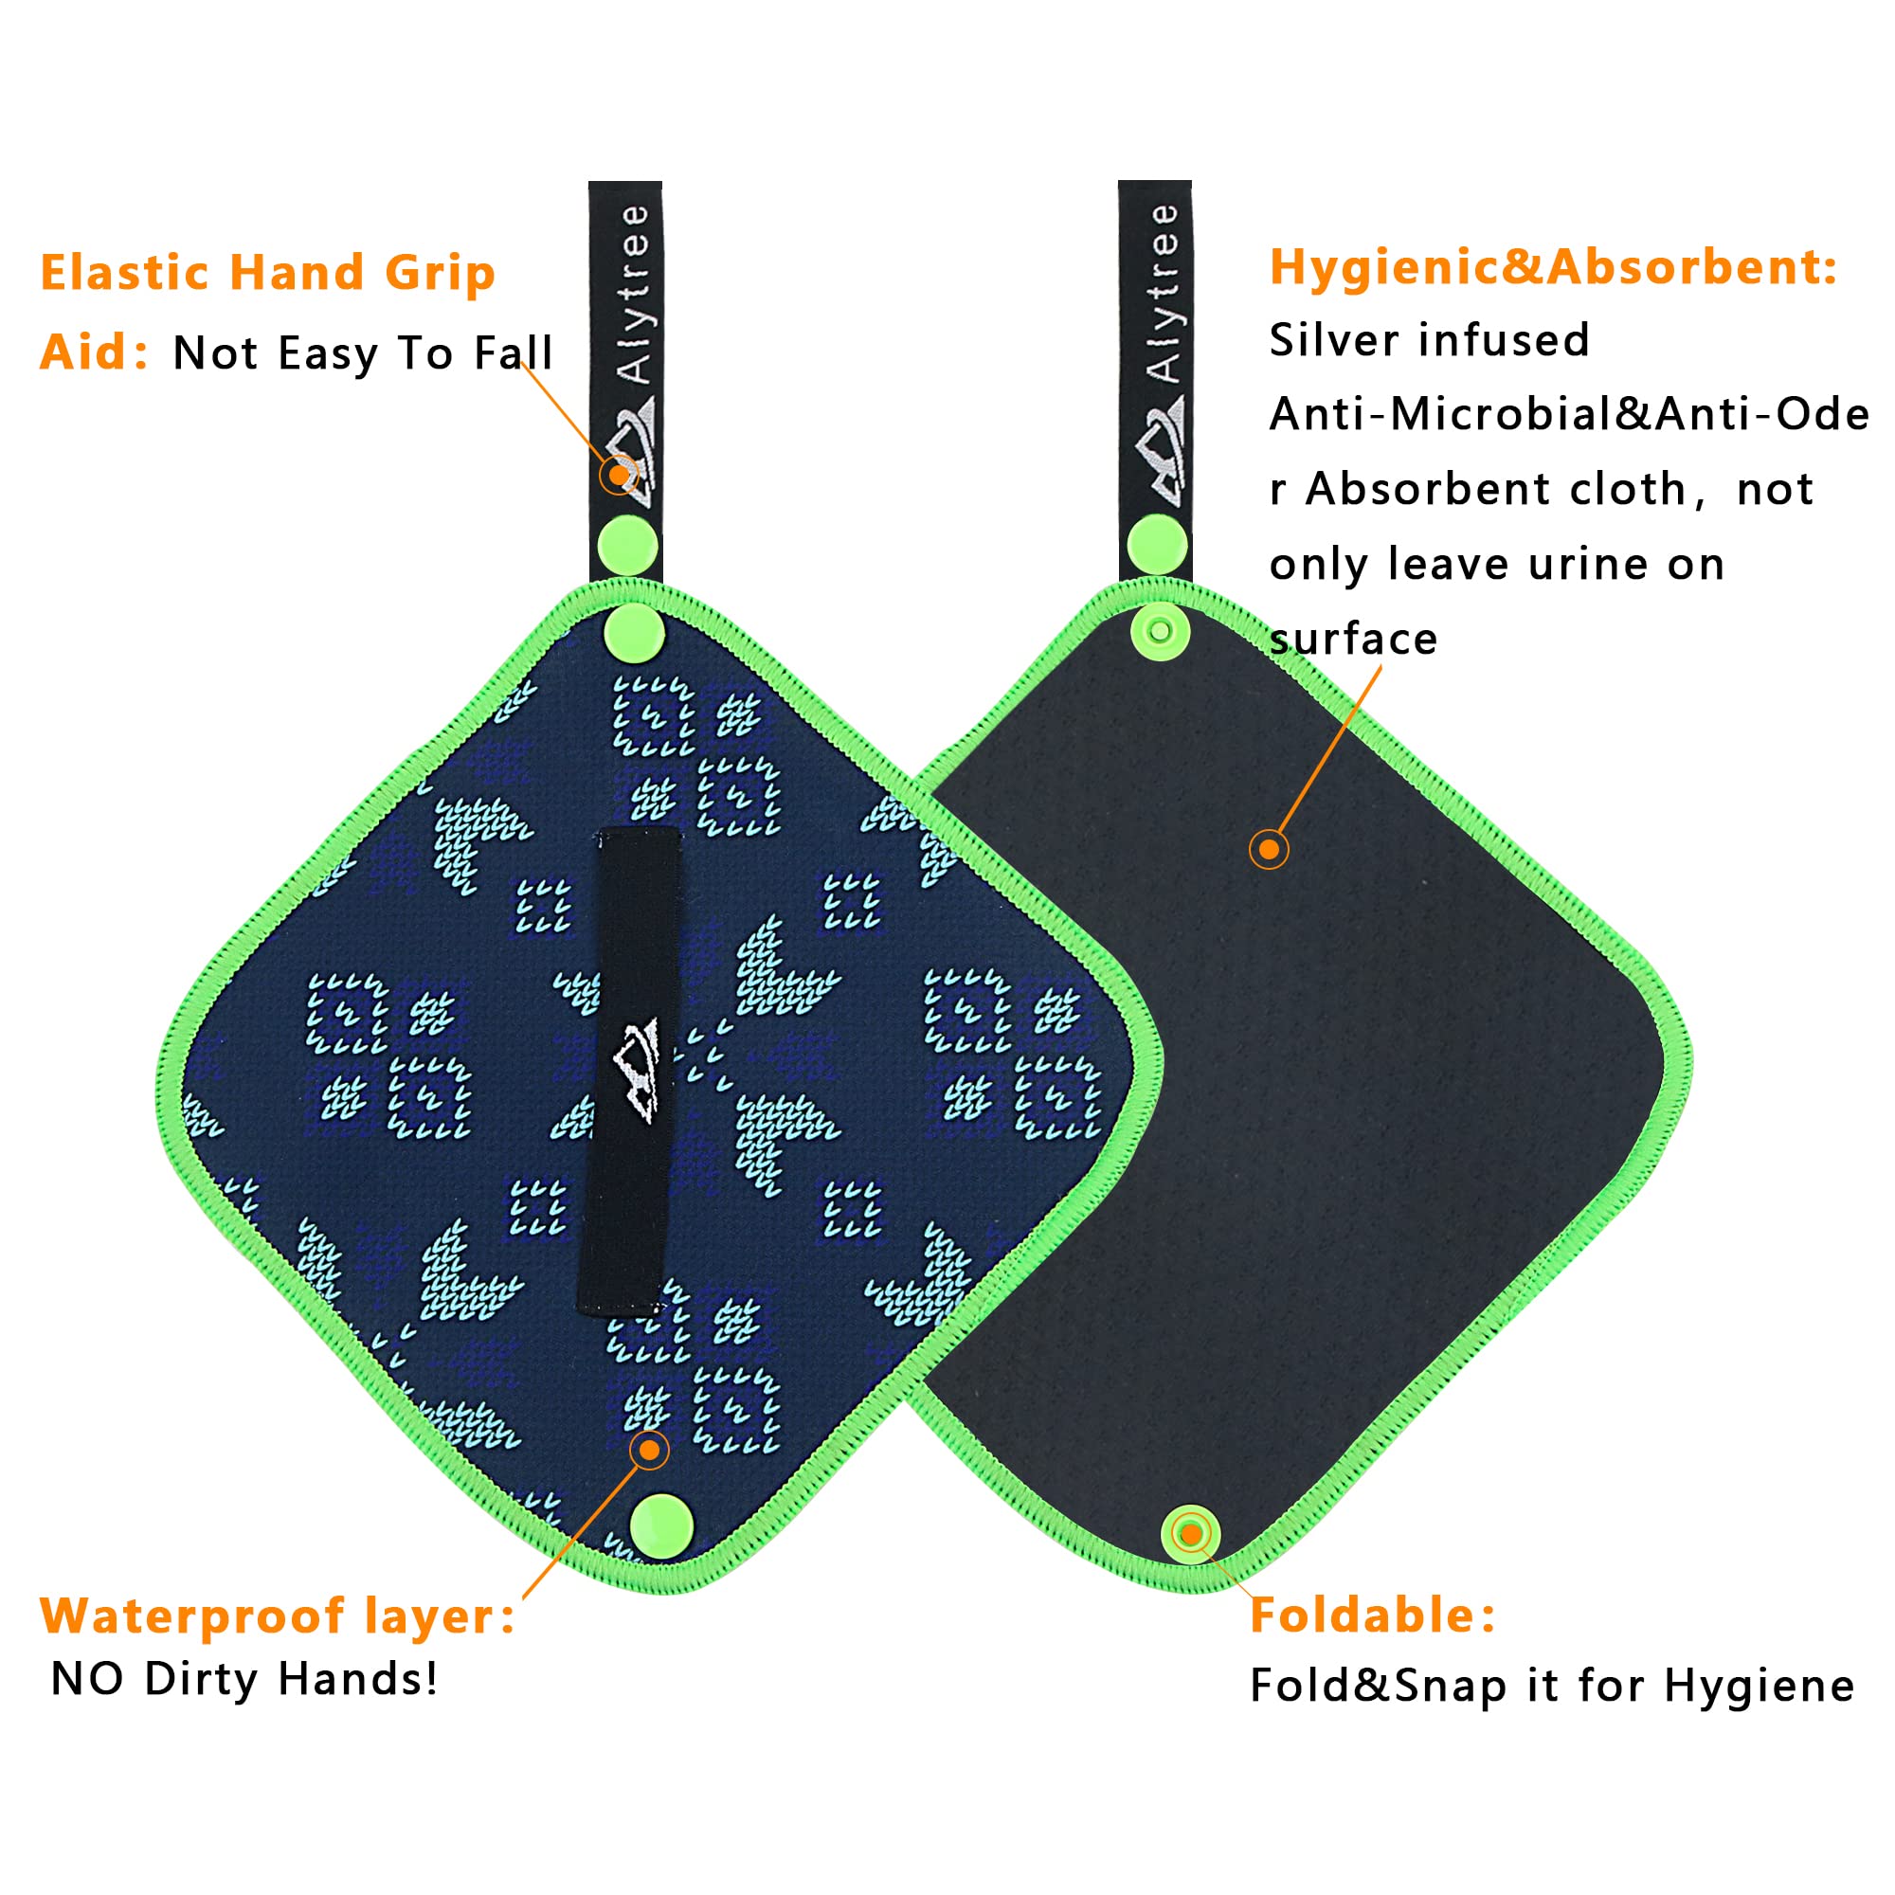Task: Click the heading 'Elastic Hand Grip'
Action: point(267,274)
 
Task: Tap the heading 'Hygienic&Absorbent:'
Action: point(1553,267)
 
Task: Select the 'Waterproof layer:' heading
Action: point(277,1615)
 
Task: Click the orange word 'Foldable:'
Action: point(1372,1615)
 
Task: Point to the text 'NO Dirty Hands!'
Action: point(244,1678)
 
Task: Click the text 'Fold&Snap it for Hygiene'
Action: point(1552,1685)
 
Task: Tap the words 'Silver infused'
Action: point(1428,340)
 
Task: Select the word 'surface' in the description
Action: point(1353,640)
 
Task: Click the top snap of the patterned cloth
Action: point(634,632)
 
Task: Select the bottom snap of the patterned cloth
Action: point(661,1526)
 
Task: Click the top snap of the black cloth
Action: point(1161,632)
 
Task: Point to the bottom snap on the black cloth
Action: point(1191,1533)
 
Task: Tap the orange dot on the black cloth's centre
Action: point(1270,849)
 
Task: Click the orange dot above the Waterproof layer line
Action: point(649,1450)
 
